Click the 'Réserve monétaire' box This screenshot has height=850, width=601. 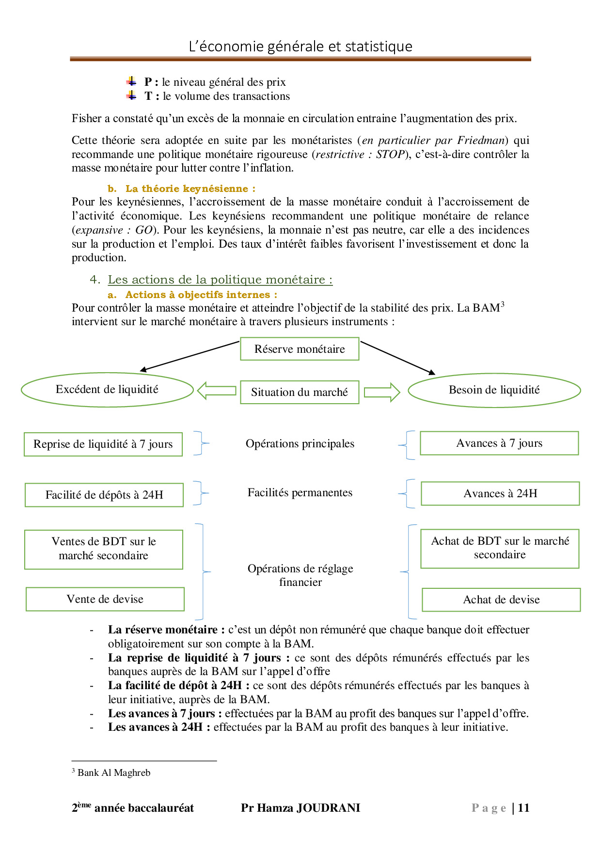[x=300, y=349]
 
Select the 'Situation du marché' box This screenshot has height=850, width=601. [x=300, y=392]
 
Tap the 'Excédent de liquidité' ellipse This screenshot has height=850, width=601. [x=107, y=390]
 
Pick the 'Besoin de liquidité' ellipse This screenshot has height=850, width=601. [x=494, y=390]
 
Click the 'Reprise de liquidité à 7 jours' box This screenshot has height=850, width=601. [x=103, y=444]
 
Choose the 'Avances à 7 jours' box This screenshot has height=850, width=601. [x=499, y=443]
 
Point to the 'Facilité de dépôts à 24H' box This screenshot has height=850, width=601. [x=104, y=495]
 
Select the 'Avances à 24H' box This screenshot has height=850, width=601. [x=500, y=494]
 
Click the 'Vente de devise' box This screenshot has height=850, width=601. [x=105, y=599]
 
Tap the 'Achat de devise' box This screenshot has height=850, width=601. [x=501, y=600]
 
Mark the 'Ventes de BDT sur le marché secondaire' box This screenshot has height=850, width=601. [x=104, y=549]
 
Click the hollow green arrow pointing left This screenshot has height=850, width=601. [x=217, y=391]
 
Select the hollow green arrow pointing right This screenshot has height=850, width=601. [x=382, y=392]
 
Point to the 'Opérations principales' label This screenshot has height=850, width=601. [x=300, y=444]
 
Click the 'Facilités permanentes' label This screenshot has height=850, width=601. [x=300, y=493]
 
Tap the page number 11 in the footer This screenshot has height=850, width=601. [x=523, y=808]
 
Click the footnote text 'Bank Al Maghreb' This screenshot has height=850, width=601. [x=114, y=773]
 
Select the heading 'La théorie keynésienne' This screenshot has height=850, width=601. [x=187, y=189]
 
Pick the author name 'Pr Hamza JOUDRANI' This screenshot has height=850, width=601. [x=300, y=808]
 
